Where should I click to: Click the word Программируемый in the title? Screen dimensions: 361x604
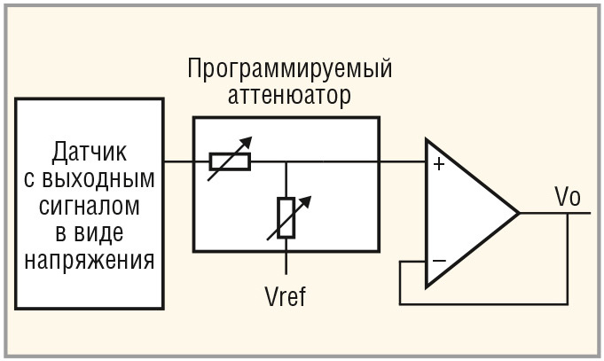tap(289, 70)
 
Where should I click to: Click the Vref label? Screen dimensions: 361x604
tap(286, 295)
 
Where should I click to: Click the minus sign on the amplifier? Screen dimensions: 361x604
tap(437, 261)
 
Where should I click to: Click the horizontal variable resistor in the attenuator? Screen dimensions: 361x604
tap(230, 161)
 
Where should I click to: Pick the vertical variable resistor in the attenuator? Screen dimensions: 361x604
tap(286, 217)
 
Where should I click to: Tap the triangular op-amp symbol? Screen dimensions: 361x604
tap(466, 213)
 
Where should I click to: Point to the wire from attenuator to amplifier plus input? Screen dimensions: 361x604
tap(403, 161)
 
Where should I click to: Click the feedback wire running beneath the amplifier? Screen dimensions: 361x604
tap(483, 303)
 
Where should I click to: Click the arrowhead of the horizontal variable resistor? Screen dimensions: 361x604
tap(248, 141)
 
